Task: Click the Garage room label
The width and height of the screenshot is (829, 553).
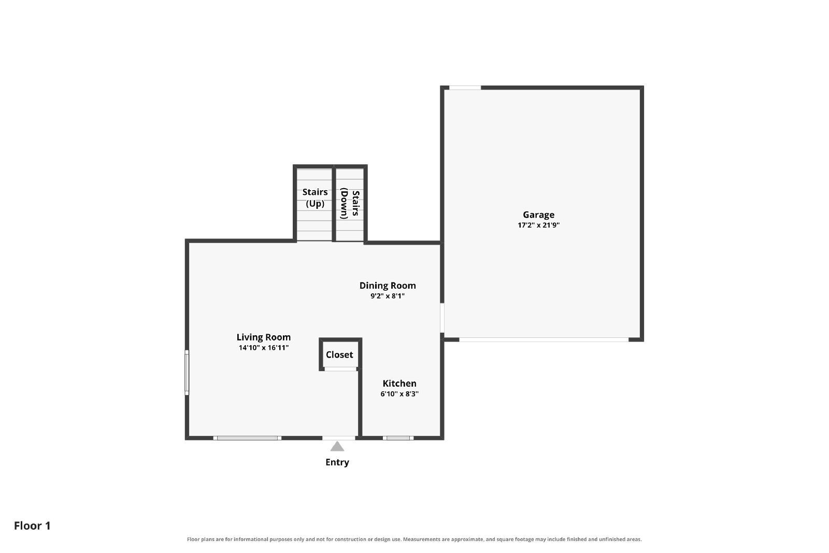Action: click(538, 215)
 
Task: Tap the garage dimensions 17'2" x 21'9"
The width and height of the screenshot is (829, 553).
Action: click(538, 225)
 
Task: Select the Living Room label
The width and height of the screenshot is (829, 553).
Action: click(264, 337)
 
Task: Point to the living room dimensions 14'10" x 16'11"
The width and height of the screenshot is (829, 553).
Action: click(264, 348)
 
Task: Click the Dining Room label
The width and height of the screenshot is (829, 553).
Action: click(388, 286)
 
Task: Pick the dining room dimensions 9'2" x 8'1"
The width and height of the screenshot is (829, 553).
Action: click(388, 296)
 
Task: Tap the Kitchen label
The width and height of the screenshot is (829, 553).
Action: click(399, 383)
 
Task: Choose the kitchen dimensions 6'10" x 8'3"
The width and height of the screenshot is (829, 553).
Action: click(399, 393)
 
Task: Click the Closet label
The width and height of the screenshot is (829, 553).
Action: click(339, 355)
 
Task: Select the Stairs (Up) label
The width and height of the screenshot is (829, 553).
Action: click(315, 198)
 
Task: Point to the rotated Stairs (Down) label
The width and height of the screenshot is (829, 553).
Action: click(350, 203)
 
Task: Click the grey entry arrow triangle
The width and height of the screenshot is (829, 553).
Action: click(337, 447)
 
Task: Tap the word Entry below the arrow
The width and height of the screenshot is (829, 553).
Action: click(337, 462)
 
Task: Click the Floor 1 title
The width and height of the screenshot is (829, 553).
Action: click(32, 526)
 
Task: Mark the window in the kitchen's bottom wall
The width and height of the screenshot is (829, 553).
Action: click(398, 438)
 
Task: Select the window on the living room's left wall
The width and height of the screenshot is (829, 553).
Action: click(187, 372)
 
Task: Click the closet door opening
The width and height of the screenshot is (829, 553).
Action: click(340, 369)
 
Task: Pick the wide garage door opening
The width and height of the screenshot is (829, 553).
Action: click(544, 339)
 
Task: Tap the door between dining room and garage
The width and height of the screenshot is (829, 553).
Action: click(442, 318)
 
